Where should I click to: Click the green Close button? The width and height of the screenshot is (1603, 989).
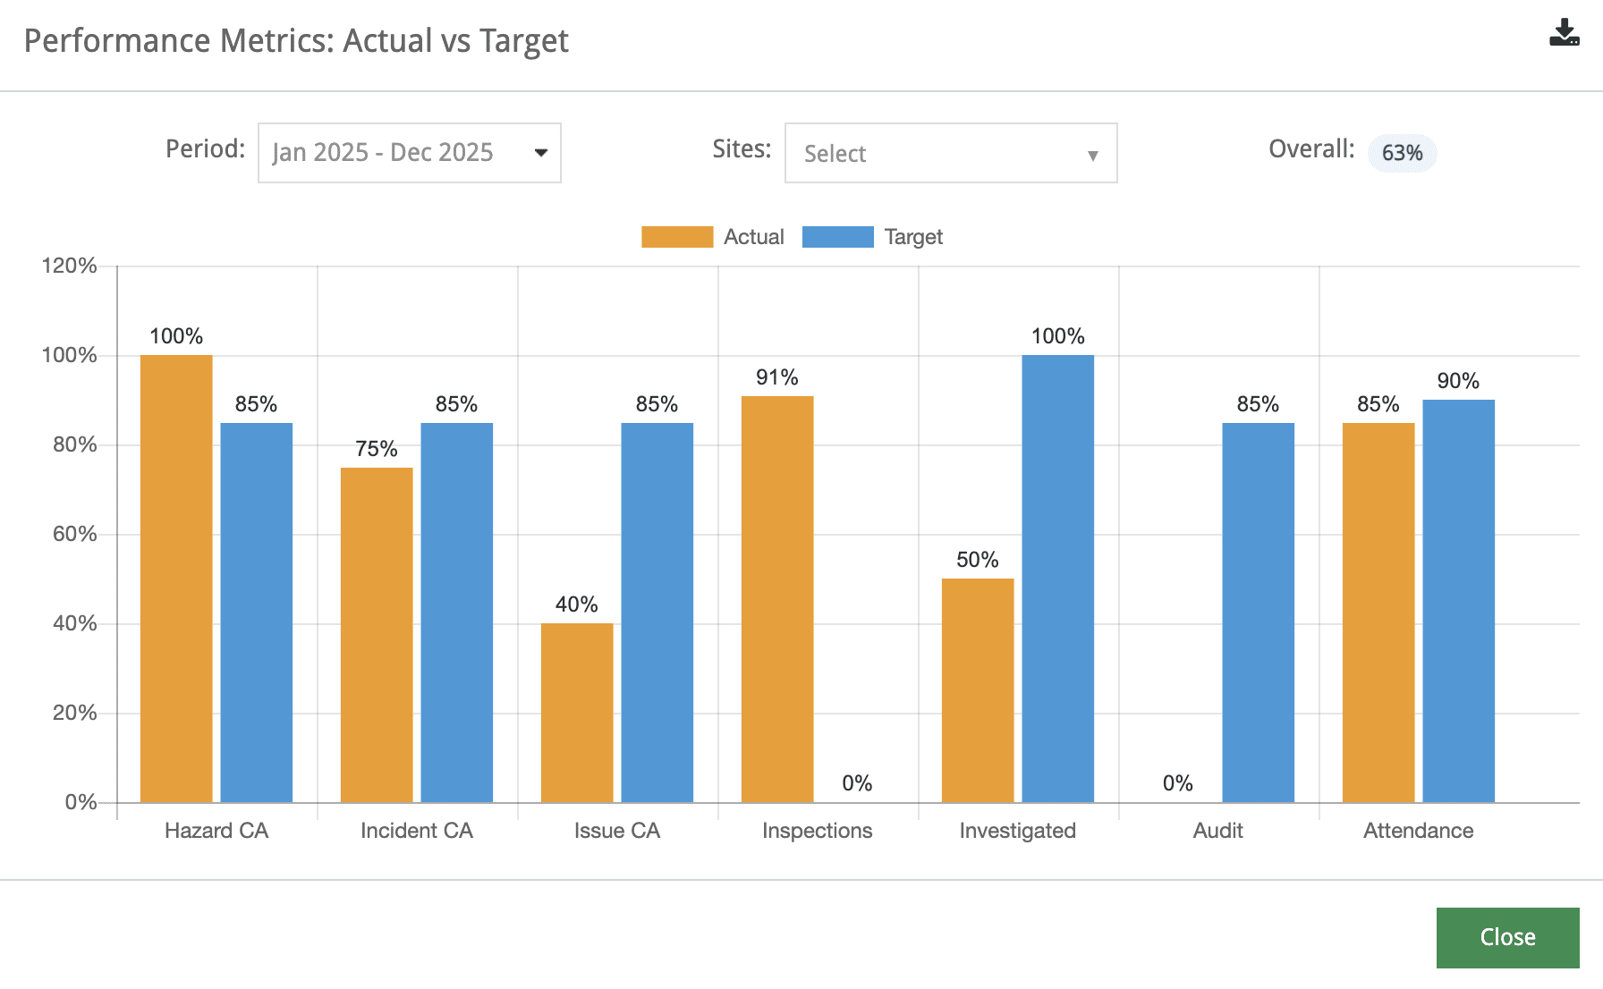1507,937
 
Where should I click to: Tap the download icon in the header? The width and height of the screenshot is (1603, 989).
1564,33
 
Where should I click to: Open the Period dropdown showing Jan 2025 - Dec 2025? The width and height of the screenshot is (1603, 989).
409,153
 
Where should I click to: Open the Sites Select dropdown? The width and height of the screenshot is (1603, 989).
950,153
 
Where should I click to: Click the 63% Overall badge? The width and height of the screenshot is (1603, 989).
1402,153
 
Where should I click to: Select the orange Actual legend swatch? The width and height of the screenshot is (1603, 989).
677,237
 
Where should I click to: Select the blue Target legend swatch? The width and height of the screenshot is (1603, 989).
837,237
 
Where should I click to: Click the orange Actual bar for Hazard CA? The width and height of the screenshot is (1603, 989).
176,579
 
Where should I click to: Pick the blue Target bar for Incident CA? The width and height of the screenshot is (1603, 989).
456,613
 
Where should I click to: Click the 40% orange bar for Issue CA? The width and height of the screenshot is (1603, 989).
577,713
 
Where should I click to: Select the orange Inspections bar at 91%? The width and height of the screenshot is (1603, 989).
777,599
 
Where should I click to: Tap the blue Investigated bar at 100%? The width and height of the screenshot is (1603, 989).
1057,579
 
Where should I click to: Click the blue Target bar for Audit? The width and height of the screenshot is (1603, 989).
1258,613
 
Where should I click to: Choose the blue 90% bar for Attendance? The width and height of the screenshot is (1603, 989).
1458,601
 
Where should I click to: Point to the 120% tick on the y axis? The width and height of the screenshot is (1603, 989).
70,266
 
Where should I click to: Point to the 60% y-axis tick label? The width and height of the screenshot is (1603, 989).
74,534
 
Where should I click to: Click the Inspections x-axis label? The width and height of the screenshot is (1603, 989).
817,831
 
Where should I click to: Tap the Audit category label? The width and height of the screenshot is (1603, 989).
1217,831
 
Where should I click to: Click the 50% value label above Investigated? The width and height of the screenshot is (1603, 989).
977,560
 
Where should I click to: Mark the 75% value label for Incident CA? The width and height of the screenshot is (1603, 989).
376,449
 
